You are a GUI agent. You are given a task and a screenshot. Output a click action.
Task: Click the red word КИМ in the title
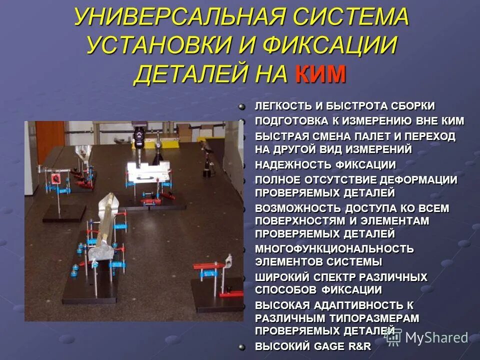(x=320, y=74)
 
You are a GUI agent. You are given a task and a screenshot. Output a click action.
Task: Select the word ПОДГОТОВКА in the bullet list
(x=289, y=120)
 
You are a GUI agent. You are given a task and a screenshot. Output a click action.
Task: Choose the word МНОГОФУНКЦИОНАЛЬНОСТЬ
(x=334, y=248)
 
